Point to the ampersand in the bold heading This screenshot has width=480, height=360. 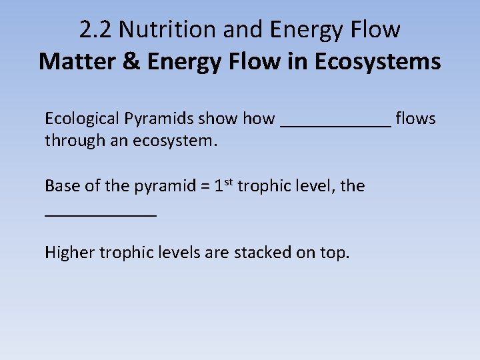click(x=131, y=61)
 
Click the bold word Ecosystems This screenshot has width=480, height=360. click(x=377, y=61)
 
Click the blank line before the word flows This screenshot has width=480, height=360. click(x=336, y=124)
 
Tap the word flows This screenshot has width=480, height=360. click(x=415, y=119)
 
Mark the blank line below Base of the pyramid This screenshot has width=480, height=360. click(x=101, y=213)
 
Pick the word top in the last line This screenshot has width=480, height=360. click(x=334, y=254)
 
